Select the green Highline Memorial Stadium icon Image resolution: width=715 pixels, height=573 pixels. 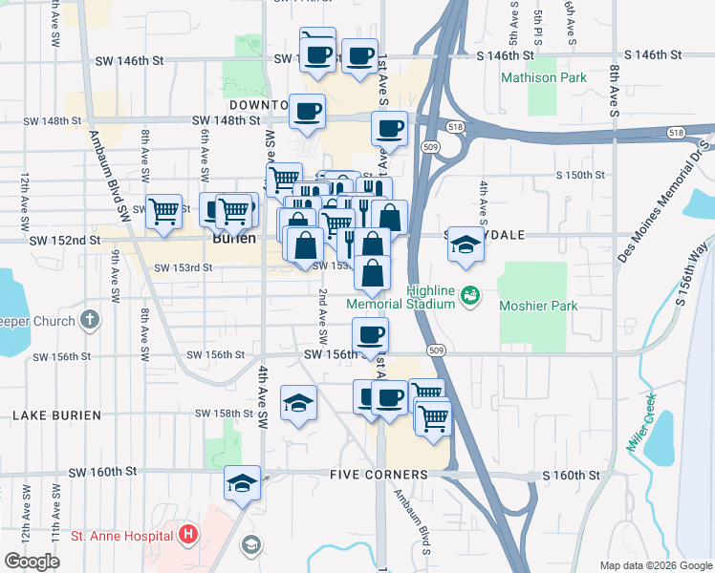point(469,296)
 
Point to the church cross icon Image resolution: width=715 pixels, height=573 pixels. point(89,321)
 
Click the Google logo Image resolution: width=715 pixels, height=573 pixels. point(32,562)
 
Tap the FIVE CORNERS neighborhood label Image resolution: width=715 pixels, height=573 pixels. point(379,475)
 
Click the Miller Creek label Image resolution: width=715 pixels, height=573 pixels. point(639,423)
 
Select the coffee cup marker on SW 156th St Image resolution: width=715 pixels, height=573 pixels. point(370,335)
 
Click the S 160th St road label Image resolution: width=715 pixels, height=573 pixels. point(571,475)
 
